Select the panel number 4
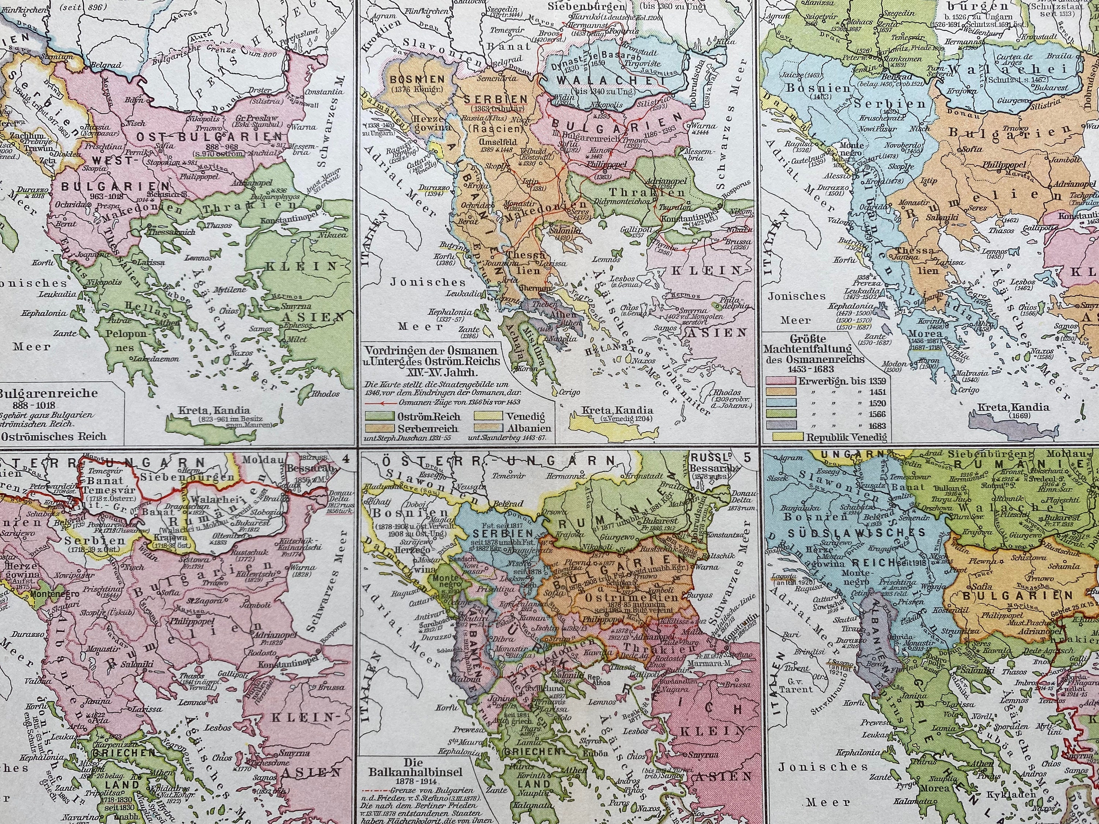pos(346,458)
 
